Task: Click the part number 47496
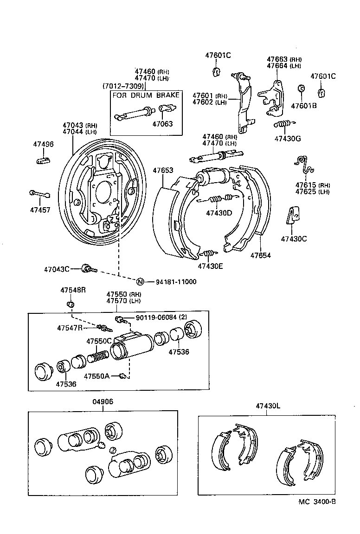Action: click(43, 144)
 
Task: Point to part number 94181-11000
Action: click(176, 281)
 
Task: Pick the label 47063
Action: click(163, 124)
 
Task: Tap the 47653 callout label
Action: click(163, 171)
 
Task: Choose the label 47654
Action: click(261, 255)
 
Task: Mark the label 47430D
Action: click(219, 213)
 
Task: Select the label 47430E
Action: click(211, 266)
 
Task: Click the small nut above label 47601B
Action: click(301, 89)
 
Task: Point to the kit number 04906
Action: click(103, 402)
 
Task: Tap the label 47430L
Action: click(268, 406)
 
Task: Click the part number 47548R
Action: click(73, 290)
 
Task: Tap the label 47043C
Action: click(57, 269)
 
